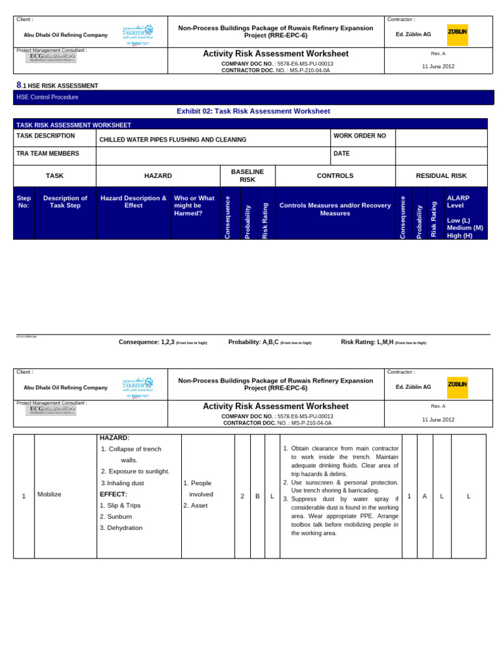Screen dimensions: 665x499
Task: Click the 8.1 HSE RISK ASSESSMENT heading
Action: pyautogui.click(x=57, y=86)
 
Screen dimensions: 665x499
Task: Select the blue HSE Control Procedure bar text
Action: pyautogui.click(x=47, y=97)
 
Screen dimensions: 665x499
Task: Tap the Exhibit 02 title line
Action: pyautogui.click(x=253, y=111)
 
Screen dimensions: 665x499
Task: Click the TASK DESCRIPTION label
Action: pyautogui.click(x=45, y=136)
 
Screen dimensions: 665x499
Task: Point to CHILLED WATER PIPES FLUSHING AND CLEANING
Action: pyautogui.click(x=172, y=140)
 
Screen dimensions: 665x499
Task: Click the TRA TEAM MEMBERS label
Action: pyautogui.click(x=47, y=154)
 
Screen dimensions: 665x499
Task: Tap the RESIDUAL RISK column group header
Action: pyautogui.click(x=441, y=175)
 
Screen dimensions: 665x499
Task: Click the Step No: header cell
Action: pyautogui.click(x=23, y=202)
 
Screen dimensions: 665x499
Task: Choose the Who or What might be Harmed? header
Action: pyautogui.click(x=194, y=205)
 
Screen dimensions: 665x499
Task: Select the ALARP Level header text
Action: pyautogui.click(x=458, y=201)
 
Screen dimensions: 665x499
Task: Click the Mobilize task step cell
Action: pyautogui.click(x=49, y=495)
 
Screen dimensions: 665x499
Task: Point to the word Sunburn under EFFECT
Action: pyautogui.click(x=120, y=516)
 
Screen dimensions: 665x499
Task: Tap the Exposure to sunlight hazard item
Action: pyautogui.click(x=138, y=471)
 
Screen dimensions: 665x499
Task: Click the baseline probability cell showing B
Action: pyautogui.click(x=257, y=496)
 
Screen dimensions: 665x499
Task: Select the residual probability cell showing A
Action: pyautogui.click(x=425, y=496)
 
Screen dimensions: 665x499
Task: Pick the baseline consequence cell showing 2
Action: pyautogui.click(x=242, y=496)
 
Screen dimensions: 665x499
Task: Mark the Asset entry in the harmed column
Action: pyautogui.click(x=199, y=505)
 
